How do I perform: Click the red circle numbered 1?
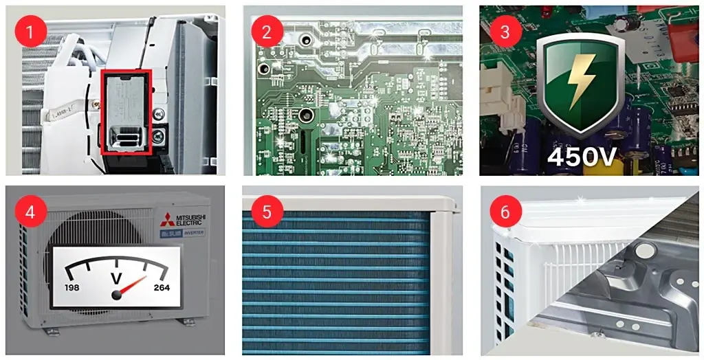[x=30, y=31]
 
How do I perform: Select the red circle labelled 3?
[x=505, y=31]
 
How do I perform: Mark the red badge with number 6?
[x=505, y=211]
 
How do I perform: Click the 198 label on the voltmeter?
[x=73, y=286]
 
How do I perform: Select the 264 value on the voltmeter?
[x=162, y=287]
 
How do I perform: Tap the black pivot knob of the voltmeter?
[x=118, y=294]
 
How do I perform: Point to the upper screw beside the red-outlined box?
[x=159, y=113]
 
